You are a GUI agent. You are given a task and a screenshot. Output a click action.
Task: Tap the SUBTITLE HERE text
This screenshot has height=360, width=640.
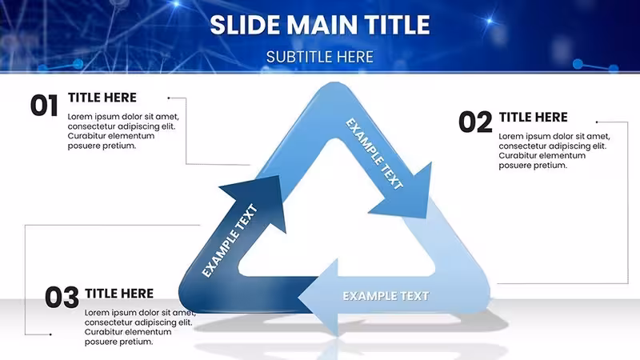point(319,57)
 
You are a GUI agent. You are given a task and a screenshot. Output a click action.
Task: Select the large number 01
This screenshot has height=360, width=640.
point(44,106)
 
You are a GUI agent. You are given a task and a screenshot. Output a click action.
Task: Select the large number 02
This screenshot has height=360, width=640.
point(475,122)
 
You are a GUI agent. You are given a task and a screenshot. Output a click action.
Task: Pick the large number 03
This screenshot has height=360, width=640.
point(62,297)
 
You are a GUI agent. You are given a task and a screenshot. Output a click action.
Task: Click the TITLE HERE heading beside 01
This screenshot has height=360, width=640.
point(102,98)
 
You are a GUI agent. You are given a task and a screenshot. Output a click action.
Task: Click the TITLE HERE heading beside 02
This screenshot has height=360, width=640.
point(533,117)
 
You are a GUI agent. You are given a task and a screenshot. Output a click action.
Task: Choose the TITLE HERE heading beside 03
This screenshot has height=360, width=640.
point(119,294)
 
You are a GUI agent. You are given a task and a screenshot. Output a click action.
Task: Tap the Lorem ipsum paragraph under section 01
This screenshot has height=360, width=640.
point(123,131)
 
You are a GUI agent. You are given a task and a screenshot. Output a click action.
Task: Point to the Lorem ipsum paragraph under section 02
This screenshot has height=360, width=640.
point(554,150)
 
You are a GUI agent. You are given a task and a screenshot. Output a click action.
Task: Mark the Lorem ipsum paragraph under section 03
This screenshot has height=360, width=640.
point(140,327)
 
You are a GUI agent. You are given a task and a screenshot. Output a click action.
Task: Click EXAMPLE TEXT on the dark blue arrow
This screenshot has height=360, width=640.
point(230,241)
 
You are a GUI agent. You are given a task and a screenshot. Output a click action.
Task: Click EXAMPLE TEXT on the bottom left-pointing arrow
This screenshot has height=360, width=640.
point(386,296)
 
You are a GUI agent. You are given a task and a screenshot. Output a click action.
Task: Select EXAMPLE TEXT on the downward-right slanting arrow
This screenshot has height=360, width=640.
point(374,154)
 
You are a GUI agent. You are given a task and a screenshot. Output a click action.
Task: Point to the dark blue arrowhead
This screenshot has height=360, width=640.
point(257,200)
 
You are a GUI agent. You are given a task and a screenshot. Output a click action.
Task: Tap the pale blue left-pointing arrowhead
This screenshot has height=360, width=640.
point(318,298)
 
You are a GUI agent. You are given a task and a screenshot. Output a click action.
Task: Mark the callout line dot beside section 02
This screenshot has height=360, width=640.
point(597,122)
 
